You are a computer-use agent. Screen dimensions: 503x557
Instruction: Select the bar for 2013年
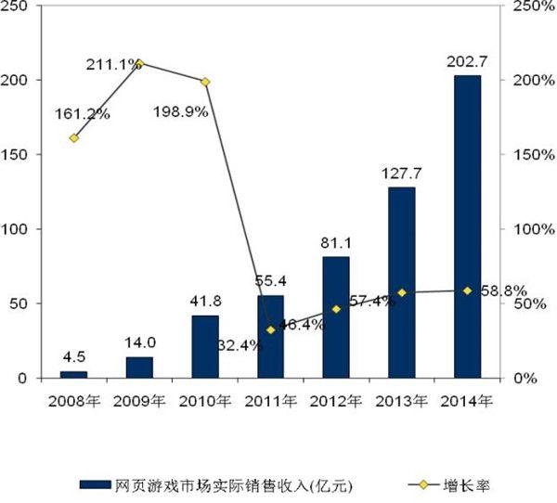coord(401,282)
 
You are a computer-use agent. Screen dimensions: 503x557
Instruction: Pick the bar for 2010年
coord(205,346)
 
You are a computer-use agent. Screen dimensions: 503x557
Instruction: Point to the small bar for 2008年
coord(73,374)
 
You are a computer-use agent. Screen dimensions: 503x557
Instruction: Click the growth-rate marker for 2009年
coord(139,63)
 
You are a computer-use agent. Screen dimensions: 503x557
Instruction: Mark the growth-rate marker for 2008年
coord(74,137)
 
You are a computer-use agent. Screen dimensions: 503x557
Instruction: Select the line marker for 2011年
coord(270,329)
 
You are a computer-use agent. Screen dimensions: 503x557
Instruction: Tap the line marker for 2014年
coord(467,290)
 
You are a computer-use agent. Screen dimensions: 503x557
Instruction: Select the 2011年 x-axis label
coord(270,401)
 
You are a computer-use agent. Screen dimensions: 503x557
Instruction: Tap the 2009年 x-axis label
coord(139,401)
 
